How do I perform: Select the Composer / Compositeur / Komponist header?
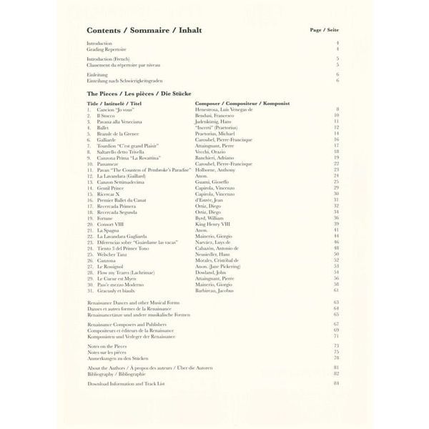tap(242, 103)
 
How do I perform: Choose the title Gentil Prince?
tap(111, 187)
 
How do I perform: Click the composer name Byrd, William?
tap(209, 218)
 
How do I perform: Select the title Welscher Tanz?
tap(113, 255)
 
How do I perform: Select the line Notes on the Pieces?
tap(108, 345)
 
